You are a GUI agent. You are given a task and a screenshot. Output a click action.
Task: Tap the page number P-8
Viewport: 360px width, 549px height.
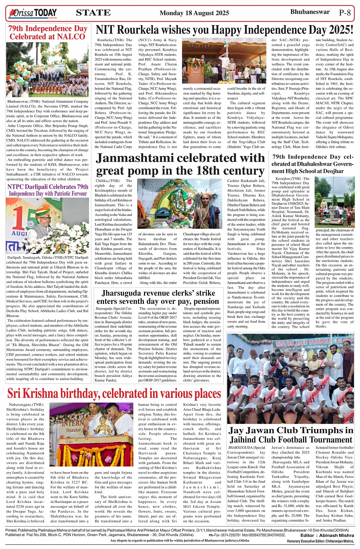345,13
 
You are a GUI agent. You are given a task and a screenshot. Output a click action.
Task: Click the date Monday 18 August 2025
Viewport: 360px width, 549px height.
194,13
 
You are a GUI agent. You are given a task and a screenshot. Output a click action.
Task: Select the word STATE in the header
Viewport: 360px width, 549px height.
93,13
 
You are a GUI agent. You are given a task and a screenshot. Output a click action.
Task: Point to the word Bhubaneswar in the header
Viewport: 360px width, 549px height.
310,12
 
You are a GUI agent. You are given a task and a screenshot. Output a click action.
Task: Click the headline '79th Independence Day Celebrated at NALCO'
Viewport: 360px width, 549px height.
48,33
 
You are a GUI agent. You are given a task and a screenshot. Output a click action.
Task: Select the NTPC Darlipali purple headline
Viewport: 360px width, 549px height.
48,190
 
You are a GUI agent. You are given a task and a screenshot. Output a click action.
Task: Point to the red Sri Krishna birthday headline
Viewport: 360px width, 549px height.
114,393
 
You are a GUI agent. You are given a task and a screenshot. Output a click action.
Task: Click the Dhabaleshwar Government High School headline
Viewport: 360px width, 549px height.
312,164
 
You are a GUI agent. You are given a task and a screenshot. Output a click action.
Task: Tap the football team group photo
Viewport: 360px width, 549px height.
291,379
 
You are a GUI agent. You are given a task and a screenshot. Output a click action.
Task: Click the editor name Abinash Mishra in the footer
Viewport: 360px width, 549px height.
336,535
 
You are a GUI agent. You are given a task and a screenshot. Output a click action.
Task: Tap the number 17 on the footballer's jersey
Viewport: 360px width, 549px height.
323,386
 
